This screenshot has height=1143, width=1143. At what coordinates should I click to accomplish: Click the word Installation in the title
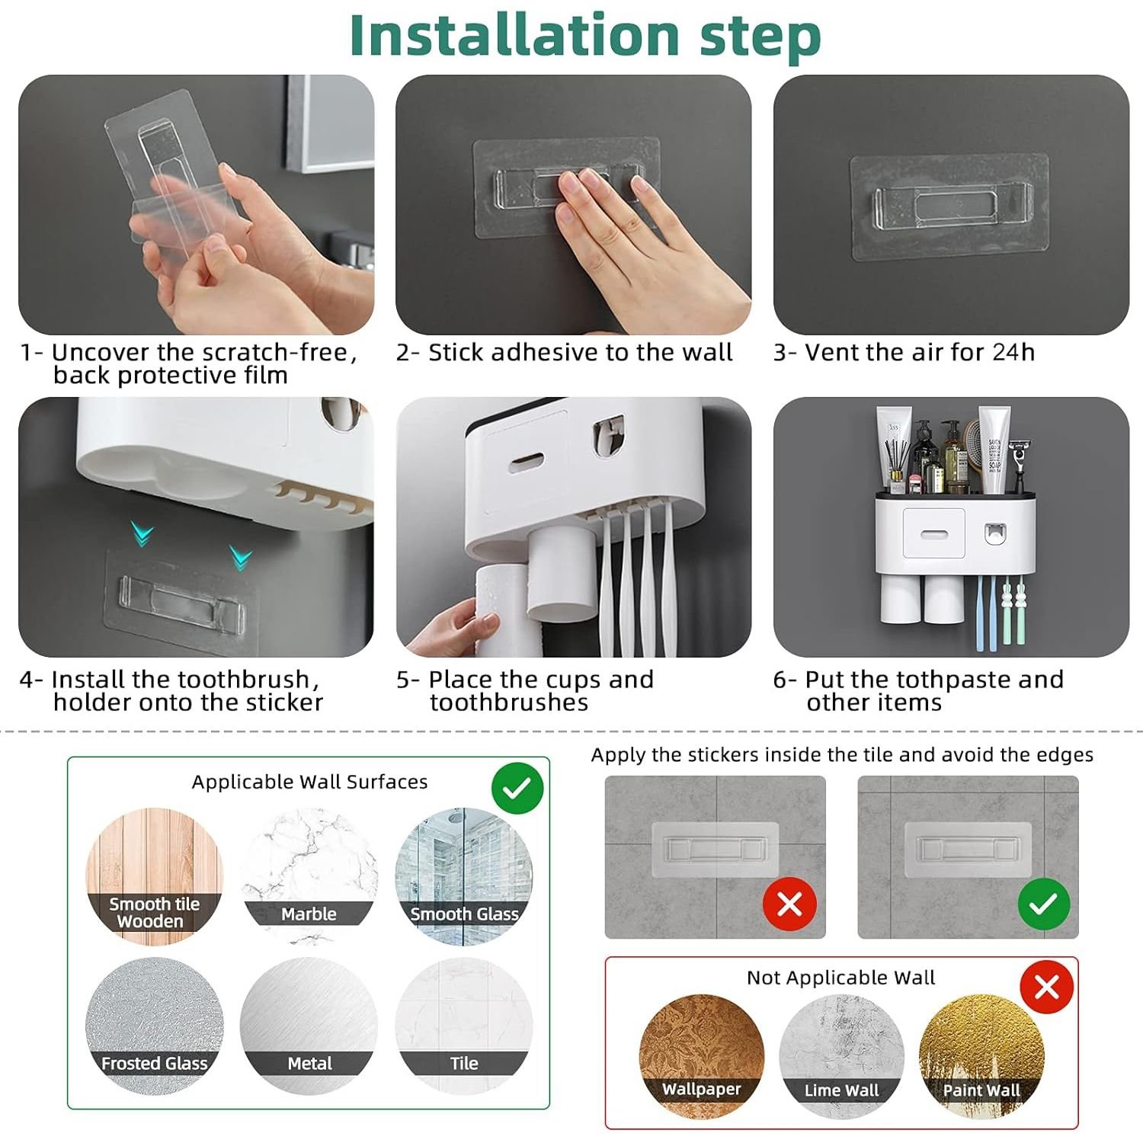tap(514, 36)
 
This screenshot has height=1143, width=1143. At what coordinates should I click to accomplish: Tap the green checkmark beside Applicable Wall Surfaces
tap(517, 788)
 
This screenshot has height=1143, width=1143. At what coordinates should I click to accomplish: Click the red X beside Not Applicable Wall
tap(1047, 988)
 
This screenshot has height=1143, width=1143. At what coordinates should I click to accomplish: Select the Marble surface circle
tap(309, 876)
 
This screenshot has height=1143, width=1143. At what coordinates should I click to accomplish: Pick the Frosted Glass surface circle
tap(155, 1026)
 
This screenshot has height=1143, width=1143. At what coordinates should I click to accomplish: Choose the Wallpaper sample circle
tap(701, 1056)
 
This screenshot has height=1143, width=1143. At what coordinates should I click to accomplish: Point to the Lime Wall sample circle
tap(841, 1056)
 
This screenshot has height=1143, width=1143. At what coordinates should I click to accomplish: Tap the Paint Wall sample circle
tap(981, 1056)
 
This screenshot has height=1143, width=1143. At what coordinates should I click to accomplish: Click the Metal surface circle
tap(309, 1026)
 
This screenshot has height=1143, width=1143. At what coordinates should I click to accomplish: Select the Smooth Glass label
tap(464, 914)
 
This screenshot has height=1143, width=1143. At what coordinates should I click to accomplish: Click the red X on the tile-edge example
tap(789, 904)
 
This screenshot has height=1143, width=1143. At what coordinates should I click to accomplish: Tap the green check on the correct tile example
tap(1044, 904)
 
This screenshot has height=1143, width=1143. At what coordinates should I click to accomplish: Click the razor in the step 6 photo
tap(1018, 464)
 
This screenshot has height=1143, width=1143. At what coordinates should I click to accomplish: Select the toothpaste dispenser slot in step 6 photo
tap(993, 533)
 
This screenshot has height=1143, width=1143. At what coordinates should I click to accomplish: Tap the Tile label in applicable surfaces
tap(464, 1063)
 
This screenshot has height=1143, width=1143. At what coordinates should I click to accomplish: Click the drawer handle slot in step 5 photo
tap(527, 462)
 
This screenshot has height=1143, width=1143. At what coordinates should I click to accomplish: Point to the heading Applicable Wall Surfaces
tap(309, 782)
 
